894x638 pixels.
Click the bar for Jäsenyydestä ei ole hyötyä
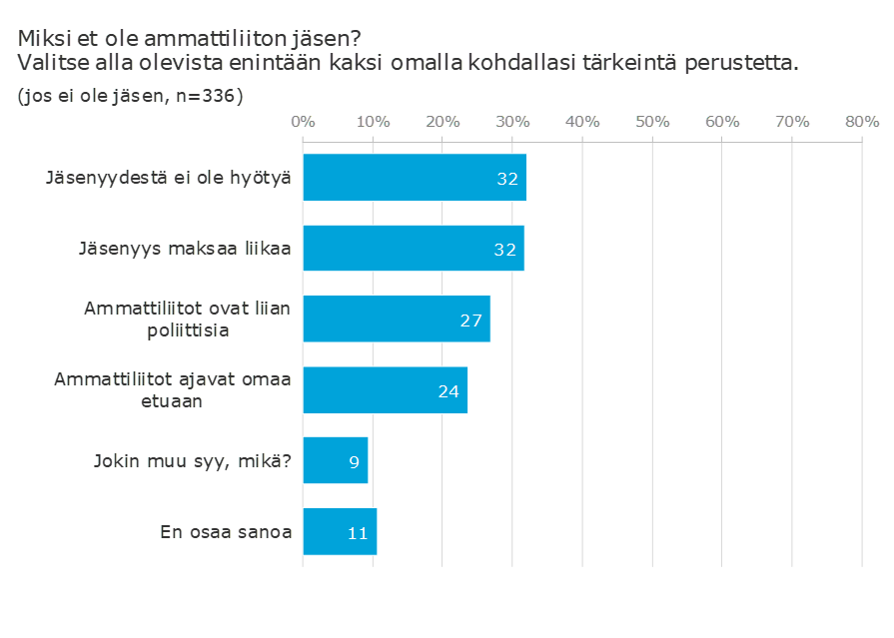(x=415, y=178)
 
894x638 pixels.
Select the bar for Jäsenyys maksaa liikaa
(x=414, y=248)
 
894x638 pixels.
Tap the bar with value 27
(x=397, y=319)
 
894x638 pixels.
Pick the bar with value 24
(x=386, y=390)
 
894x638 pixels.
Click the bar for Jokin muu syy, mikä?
(x=336, y=460)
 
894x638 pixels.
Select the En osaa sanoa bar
(x=340, y=531)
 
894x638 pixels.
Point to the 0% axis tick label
(x=303, y=122)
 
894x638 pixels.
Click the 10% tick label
(x=373, y=122)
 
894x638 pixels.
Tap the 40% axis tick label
(x=582, y=122)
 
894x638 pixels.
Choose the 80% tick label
(x=862, y=122)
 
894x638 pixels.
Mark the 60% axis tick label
(x=722, y=122)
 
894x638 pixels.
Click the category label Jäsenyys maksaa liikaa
(x=185, y=249)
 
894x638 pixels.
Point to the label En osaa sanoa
(x=226, y=532)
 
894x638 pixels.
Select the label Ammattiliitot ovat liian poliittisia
(x=188, y=319)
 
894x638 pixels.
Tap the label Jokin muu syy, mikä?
(x=193, y=460)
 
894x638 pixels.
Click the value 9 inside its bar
(x=354, y=462)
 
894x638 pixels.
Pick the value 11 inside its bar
(x=358, y=533)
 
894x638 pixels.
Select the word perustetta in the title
(x=742, y=63)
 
